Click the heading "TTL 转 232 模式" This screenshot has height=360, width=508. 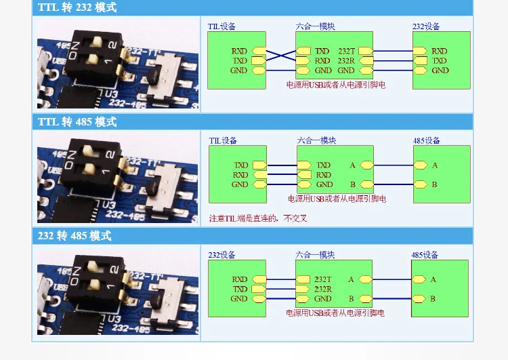[x=77, y=8]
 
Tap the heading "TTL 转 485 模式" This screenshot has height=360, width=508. [x=77, y=122]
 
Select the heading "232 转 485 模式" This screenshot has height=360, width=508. [x=75, y=236]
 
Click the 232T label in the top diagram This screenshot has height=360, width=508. [x=346, y=51]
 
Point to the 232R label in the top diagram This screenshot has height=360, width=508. [x=346, y=60]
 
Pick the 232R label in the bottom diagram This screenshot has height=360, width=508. [x=323, y=289]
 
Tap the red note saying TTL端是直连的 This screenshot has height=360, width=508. [x=258, y=218]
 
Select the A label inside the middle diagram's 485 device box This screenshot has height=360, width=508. [x=435, y=165]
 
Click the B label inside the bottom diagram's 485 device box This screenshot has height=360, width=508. [x=433, y=298]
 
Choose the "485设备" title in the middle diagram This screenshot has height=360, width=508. [x=427, y=140]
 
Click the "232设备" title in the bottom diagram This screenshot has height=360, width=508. [x=221, y=255]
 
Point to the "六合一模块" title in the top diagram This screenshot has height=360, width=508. [x=316, y=26]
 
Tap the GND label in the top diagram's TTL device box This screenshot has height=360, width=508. [x=239, y=71]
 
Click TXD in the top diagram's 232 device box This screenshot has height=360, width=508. [x=440, y=60]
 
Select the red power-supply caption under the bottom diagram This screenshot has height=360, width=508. [x=335, y=313]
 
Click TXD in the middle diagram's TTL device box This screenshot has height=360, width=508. [x=241, y=165]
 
